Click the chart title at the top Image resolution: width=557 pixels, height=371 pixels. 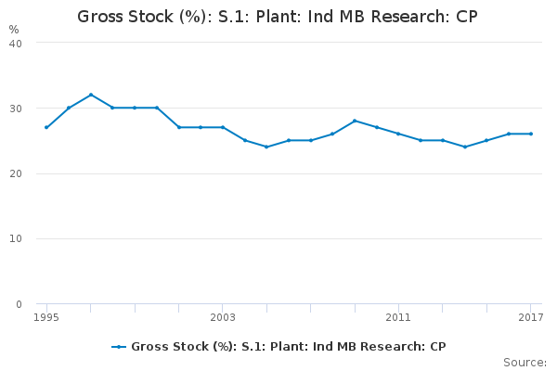[278, 17]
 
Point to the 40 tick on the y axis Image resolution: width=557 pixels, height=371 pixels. [16, 44]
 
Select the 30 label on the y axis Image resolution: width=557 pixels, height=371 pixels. [16, 109]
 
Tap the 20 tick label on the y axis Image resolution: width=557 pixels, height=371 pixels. [16, 174]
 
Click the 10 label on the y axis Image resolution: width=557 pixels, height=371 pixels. [16, 239]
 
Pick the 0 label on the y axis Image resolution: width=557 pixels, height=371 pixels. [19, 304]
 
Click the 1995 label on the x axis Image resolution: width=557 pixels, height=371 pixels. [46, 317]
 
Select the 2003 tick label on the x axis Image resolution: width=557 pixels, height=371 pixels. [223, 317]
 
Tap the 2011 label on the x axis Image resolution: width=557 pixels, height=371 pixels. [398, 317]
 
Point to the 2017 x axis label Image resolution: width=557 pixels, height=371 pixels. [531, 317]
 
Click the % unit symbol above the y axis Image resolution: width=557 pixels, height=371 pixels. [14, 30]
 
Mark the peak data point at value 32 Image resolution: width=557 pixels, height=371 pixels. [91, 95]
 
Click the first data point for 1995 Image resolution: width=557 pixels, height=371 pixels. [46, 127]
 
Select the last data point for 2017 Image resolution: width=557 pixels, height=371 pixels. [531, 134]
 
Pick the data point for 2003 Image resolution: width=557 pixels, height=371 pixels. [223, 127]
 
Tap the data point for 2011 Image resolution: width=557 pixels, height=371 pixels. [398, 134]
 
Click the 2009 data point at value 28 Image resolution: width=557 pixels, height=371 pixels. [355, 121]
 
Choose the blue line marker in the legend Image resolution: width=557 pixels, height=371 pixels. [119, 347]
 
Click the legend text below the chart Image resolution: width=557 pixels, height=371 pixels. [289, 347]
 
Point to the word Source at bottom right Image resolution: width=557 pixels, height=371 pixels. [525, 363]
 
